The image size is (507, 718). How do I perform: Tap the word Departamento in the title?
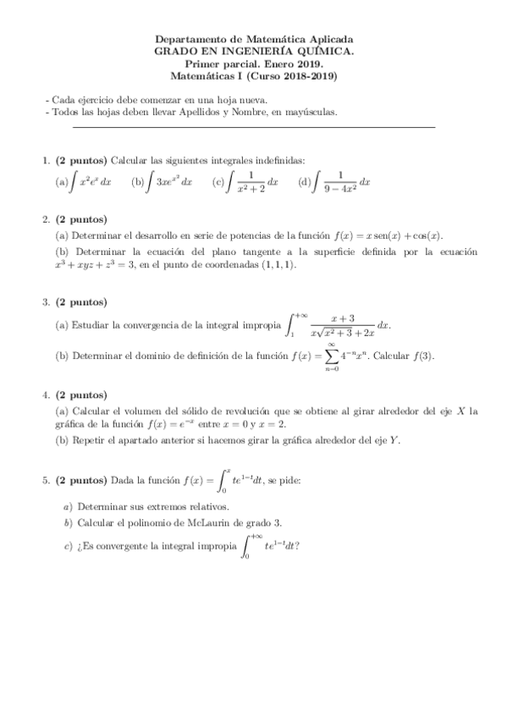coord(190,39)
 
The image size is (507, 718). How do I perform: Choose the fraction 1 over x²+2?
coord(252,181)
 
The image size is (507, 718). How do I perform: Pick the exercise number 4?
coord(46,395)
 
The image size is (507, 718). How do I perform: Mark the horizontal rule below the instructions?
coord(254,127)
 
